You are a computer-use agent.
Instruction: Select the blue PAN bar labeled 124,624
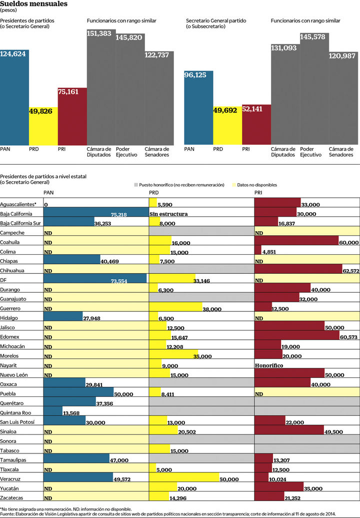point(14,98)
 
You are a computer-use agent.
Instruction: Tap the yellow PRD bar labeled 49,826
point(43,125)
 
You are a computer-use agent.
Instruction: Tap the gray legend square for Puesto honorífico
point(136,185)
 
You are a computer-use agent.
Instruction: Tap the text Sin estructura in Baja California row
point(168,214)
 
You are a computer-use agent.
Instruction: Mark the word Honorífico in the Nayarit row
point(269,366)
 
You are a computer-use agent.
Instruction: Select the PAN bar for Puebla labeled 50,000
point(78,394)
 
